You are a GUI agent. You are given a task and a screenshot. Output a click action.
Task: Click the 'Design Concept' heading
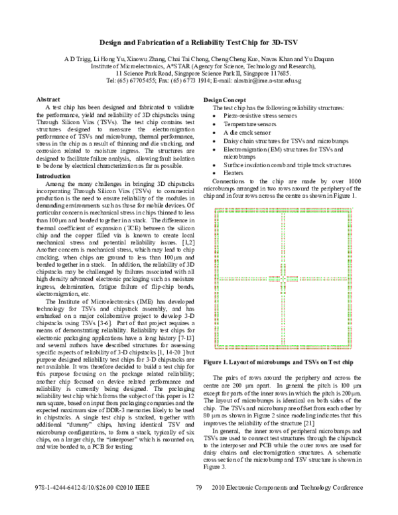(x=225, y=100)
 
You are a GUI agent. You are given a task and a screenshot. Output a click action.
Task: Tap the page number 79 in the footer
(x=198, y=506)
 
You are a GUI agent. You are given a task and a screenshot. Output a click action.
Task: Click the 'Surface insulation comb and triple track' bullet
(x=285, y=163)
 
